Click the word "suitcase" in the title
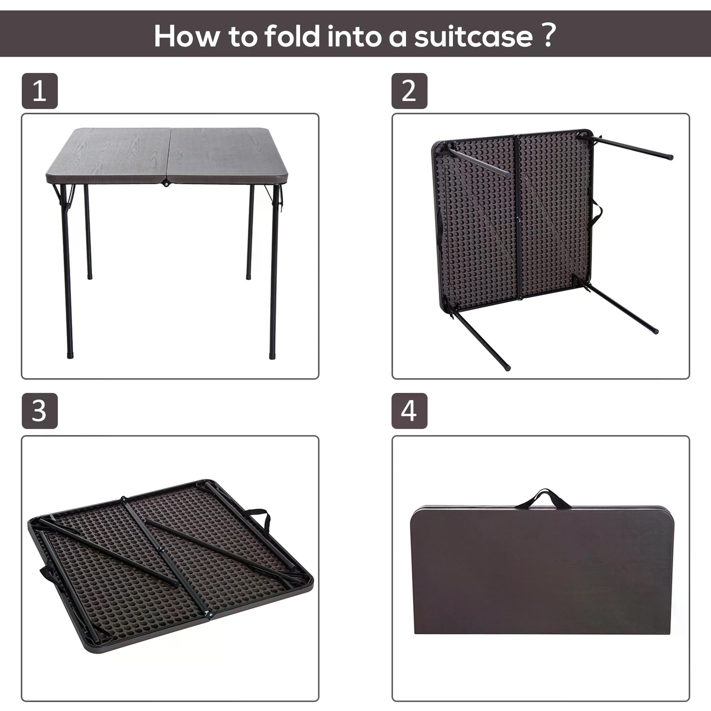[x=473, y=36]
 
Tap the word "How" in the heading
[x=187, y=36]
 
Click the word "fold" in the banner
[x=293, y=36]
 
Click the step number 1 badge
[x=40, y=91]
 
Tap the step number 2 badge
[x=409, y=91]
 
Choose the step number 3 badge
[x=40, y=411]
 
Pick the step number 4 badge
[x=409, y=411]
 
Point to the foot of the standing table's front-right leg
[x=272, y=356]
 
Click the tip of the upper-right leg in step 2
[x=670, y=157]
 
